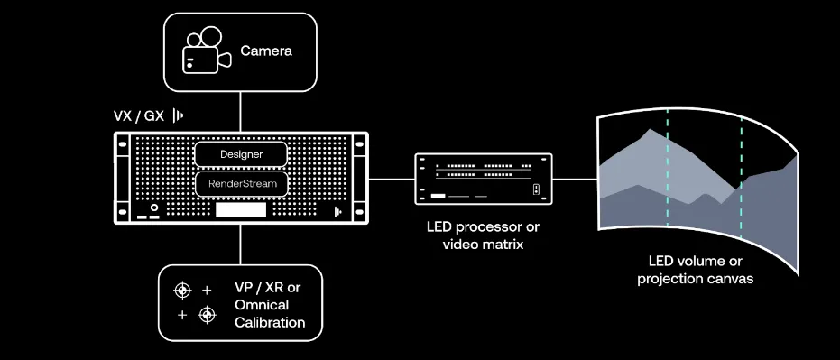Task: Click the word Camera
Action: [265, 51]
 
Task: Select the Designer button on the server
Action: [241, 154]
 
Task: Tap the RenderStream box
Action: [241, 184]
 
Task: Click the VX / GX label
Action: [138, 116]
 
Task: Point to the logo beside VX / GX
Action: [179, 116]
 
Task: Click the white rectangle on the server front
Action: [241, 210]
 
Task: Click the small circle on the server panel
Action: [154, 208]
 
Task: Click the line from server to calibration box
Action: [241, 245]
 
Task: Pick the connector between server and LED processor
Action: [392, 179]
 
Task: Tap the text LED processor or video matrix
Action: [483, 235]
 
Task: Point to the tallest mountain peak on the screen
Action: [643, 132]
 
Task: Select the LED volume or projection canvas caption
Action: [695, 271]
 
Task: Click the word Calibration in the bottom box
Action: [269, 322]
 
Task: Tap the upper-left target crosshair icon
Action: [183, 290]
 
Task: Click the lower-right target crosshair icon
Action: [207, 314]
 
